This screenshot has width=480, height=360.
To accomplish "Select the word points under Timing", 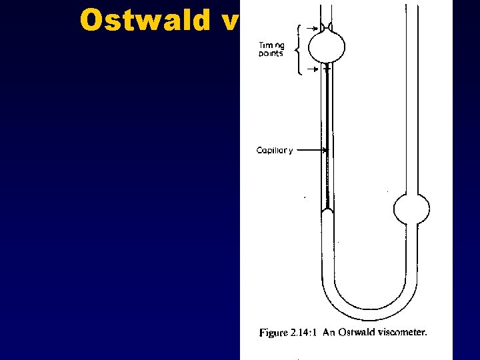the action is pyautogui.click(x=270, y=55).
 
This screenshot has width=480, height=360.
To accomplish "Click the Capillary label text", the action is pyautogui.click(x=275, y=150).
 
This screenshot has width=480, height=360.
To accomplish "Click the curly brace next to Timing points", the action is pyautogui.click(x=301, y=49).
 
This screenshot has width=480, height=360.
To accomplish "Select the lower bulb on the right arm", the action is pyautogui.click(x=411, y=210).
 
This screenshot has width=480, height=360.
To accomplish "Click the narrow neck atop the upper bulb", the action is pyautogui.click(x=327, y=27).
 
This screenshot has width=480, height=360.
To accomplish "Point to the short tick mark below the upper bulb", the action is pyautogui.click(x=327, y=68).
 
